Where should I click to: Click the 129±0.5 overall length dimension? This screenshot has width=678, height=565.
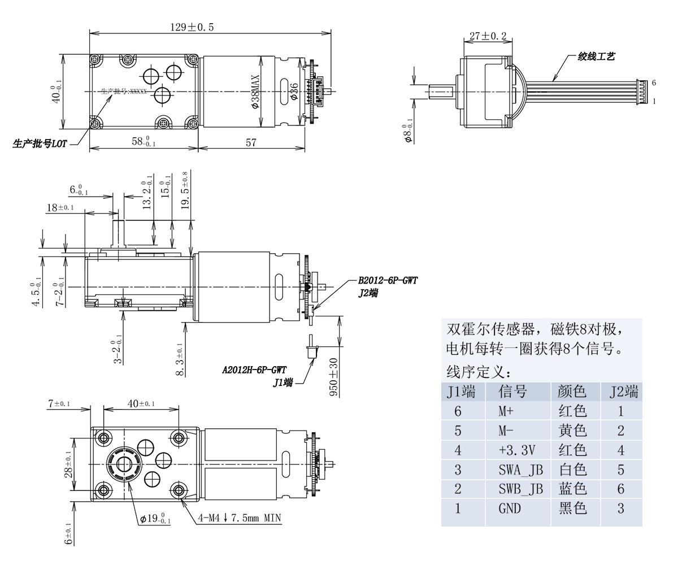pos(192,27)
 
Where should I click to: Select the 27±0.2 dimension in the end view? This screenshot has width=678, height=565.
pos(488,36)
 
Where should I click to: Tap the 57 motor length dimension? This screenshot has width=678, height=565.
pos(251,143)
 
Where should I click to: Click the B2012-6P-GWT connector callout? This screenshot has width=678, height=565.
pos(388,280)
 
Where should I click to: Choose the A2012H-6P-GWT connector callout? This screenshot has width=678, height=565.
pos(254,370)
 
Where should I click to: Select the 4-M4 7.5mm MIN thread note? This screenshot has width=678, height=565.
pos(240,518)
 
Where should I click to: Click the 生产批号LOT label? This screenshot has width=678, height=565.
pos(40,144)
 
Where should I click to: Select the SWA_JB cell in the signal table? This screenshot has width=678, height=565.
pos(520,470)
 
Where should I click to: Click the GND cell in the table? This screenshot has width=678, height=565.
pos(509,508)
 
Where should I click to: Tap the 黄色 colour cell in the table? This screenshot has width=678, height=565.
pos(572,431)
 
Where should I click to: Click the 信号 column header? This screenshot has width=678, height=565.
pos(512,392)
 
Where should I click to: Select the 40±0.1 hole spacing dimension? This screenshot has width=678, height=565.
pos(141,403)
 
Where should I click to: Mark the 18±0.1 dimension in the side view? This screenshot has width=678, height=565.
pos(59,207)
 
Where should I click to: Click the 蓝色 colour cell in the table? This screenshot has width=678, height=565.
pos(572,489)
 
